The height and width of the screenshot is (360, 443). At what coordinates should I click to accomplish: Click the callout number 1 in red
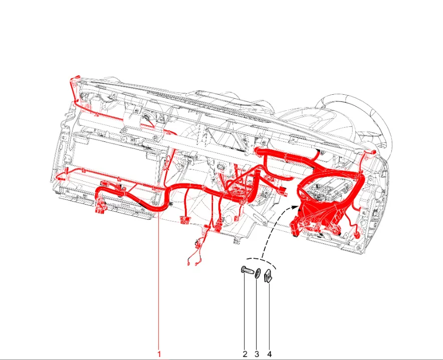159,354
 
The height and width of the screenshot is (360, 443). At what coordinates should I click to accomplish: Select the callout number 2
245,354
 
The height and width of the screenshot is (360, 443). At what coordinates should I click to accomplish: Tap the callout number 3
257,354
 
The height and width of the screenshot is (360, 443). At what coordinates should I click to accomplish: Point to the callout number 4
269,354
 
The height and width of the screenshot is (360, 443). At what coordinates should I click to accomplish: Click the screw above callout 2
247,270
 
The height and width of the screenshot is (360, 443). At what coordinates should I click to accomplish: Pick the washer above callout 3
257,273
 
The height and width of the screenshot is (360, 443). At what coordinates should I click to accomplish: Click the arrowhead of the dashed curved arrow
295,207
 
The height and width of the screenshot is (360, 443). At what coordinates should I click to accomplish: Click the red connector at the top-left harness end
76,77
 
